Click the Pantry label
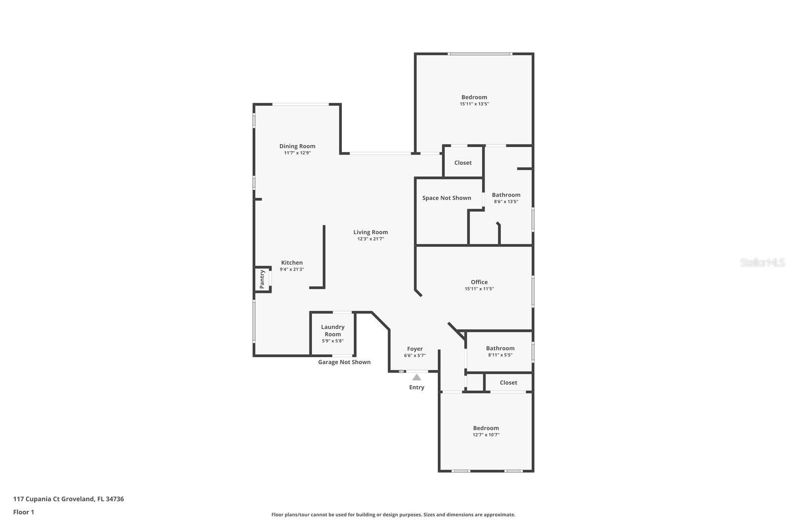tap(262, 279)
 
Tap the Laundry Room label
tap(333, 330)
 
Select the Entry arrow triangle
tap(417, 377)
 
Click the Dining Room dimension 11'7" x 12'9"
tap(297, 153)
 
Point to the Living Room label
tap(370, 232)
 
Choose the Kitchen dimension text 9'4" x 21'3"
tap(292, 270)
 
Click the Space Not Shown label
tap(447, 198)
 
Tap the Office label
tap(479, 282)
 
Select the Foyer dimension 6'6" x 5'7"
tap(415, 355)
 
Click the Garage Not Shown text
tap(344, 362)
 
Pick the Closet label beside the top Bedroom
tap(463, 163)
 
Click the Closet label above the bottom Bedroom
tap(508, 383)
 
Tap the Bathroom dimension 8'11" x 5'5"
tap(500, 355)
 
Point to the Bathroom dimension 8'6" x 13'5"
tap(506, 202)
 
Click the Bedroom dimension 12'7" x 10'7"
tap(486, 435)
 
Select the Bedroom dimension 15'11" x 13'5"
tap(474, 104)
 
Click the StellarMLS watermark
tap(762, 263)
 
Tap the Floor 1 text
tap(24, 512)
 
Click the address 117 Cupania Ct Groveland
tap(68, 499)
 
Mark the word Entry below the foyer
tap(417, 387)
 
